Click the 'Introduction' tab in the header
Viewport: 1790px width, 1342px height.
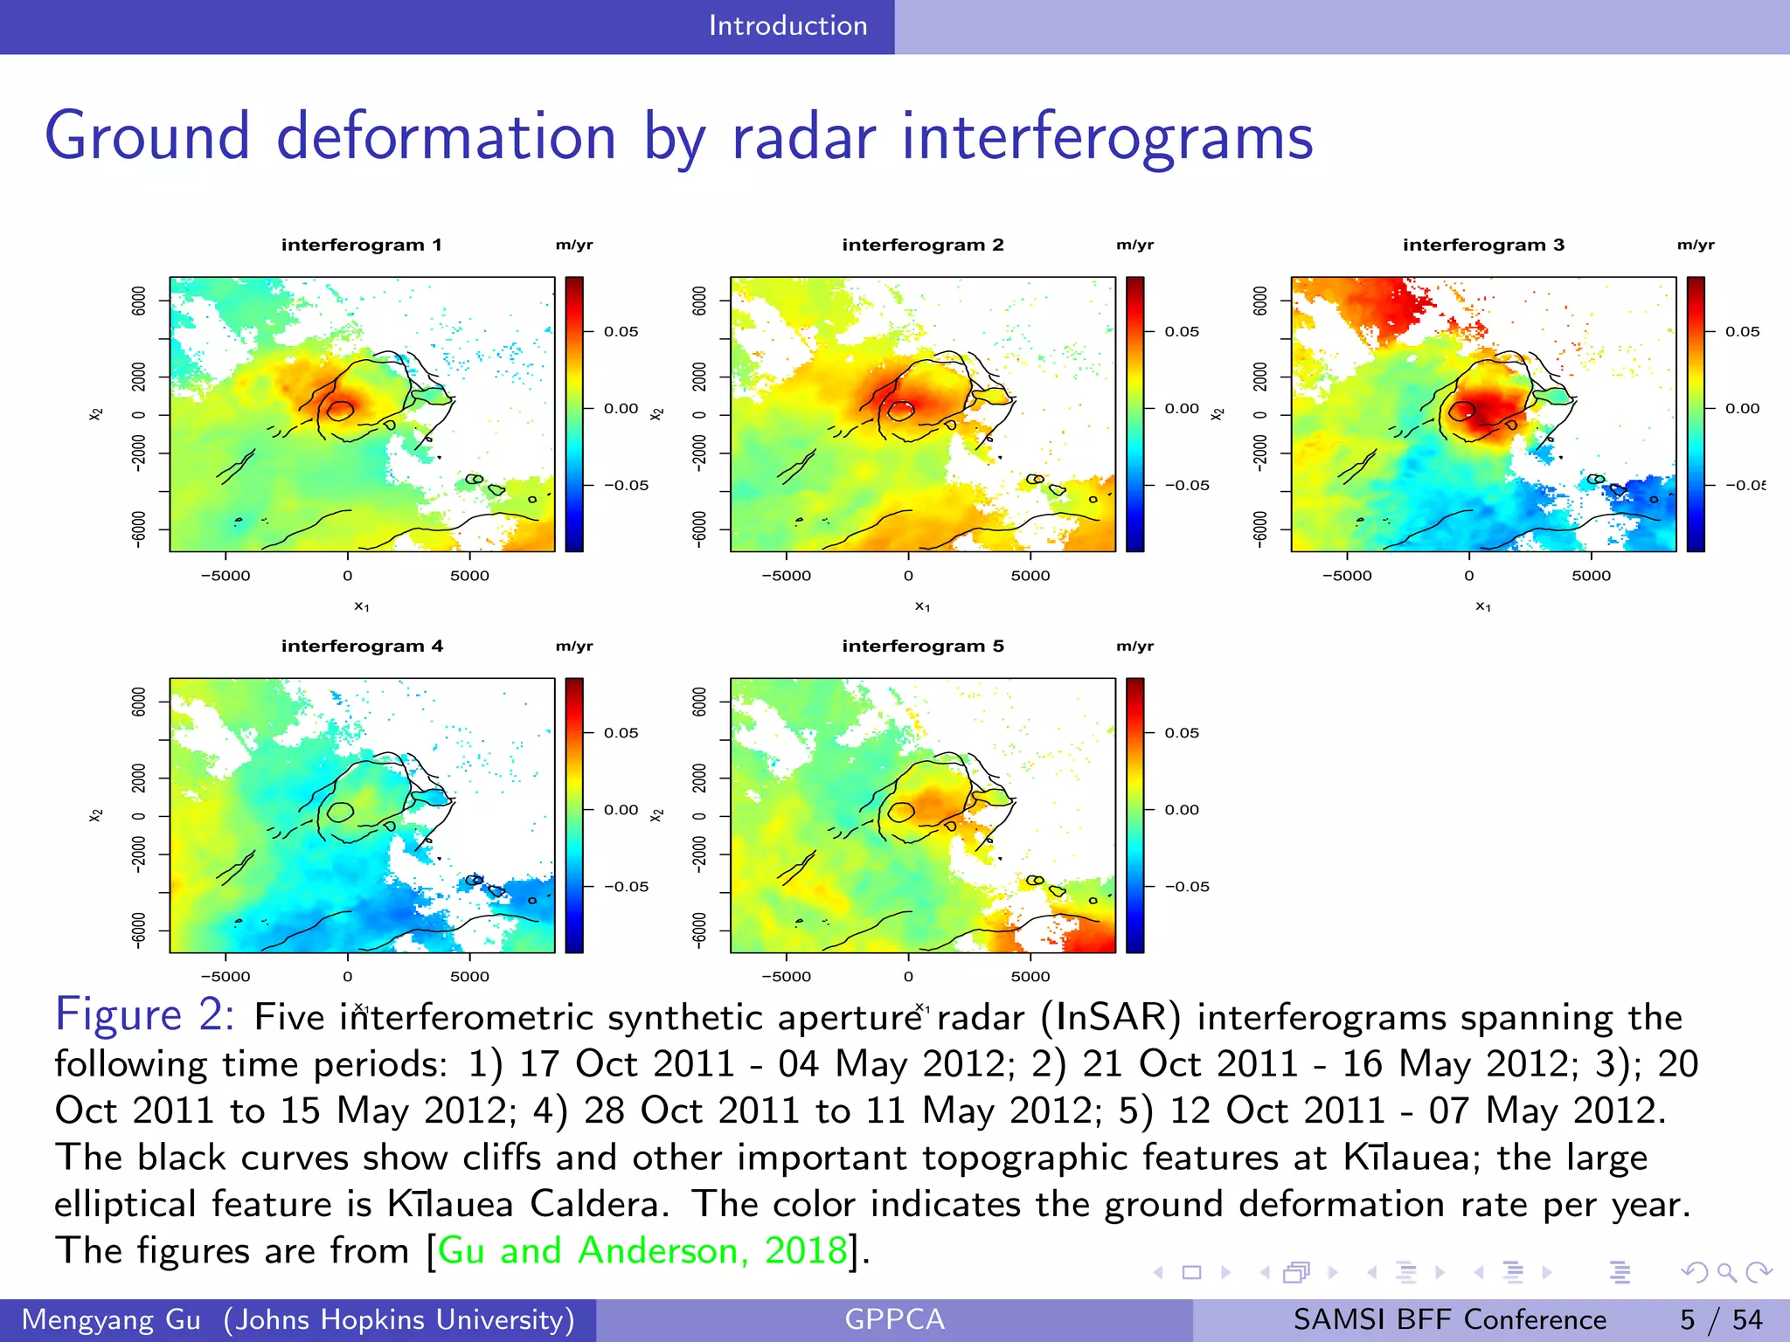tap(787, 26)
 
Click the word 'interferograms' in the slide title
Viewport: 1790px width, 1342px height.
tap(1107, 137)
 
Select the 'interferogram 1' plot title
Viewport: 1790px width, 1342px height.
tap(361, 245)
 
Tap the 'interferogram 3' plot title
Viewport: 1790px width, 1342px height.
tap(1483, 245)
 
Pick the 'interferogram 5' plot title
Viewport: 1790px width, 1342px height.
tap(922, 646)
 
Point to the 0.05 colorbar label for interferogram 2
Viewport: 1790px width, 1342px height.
tap(1182, 331)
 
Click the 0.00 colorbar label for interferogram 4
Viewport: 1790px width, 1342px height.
tap(621, 809)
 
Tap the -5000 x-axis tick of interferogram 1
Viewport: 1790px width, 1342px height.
tap(225, 576)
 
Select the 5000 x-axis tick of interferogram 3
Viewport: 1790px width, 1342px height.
tap(1591, 576)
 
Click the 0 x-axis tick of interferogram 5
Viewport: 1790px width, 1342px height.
tap(908, 977)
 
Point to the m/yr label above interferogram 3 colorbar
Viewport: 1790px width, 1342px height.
tap(1696, 245)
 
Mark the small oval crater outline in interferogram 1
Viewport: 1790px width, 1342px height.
tap(340, 410)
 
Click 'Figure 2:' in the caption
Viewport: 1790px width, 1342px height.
tap(144, 1015)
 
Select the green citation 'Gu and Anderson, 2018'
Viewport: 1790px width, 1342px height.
tap(642, 1250)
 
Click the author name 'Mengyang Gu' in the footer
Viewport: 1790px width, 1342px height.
tap(111, 1319)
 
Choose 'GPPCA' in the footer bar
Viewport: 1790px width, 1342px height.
tap(894, 1319)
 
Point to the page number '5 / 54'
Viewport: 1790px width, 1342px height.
tap(1720, 1319)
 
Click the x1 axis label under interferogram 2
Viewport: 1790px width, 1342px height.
tap(922, 606)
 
